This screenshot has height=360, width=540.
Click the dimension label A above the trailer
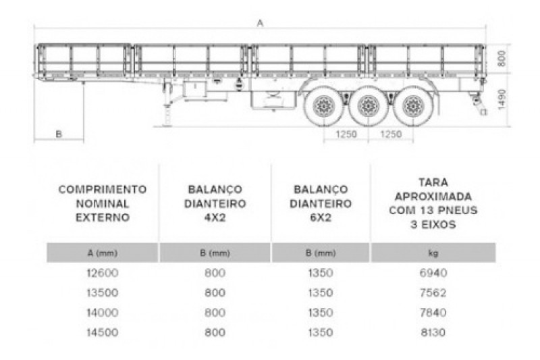coord(260,23)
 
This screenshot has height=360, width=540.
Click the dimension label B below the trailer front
coord(59,134)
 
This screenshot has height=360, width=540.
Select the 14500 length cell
coord(103,332)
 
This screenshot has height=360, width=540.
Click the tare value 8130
coord(433,332)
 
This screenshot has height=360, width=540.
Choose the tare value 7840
coord(433,312)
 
